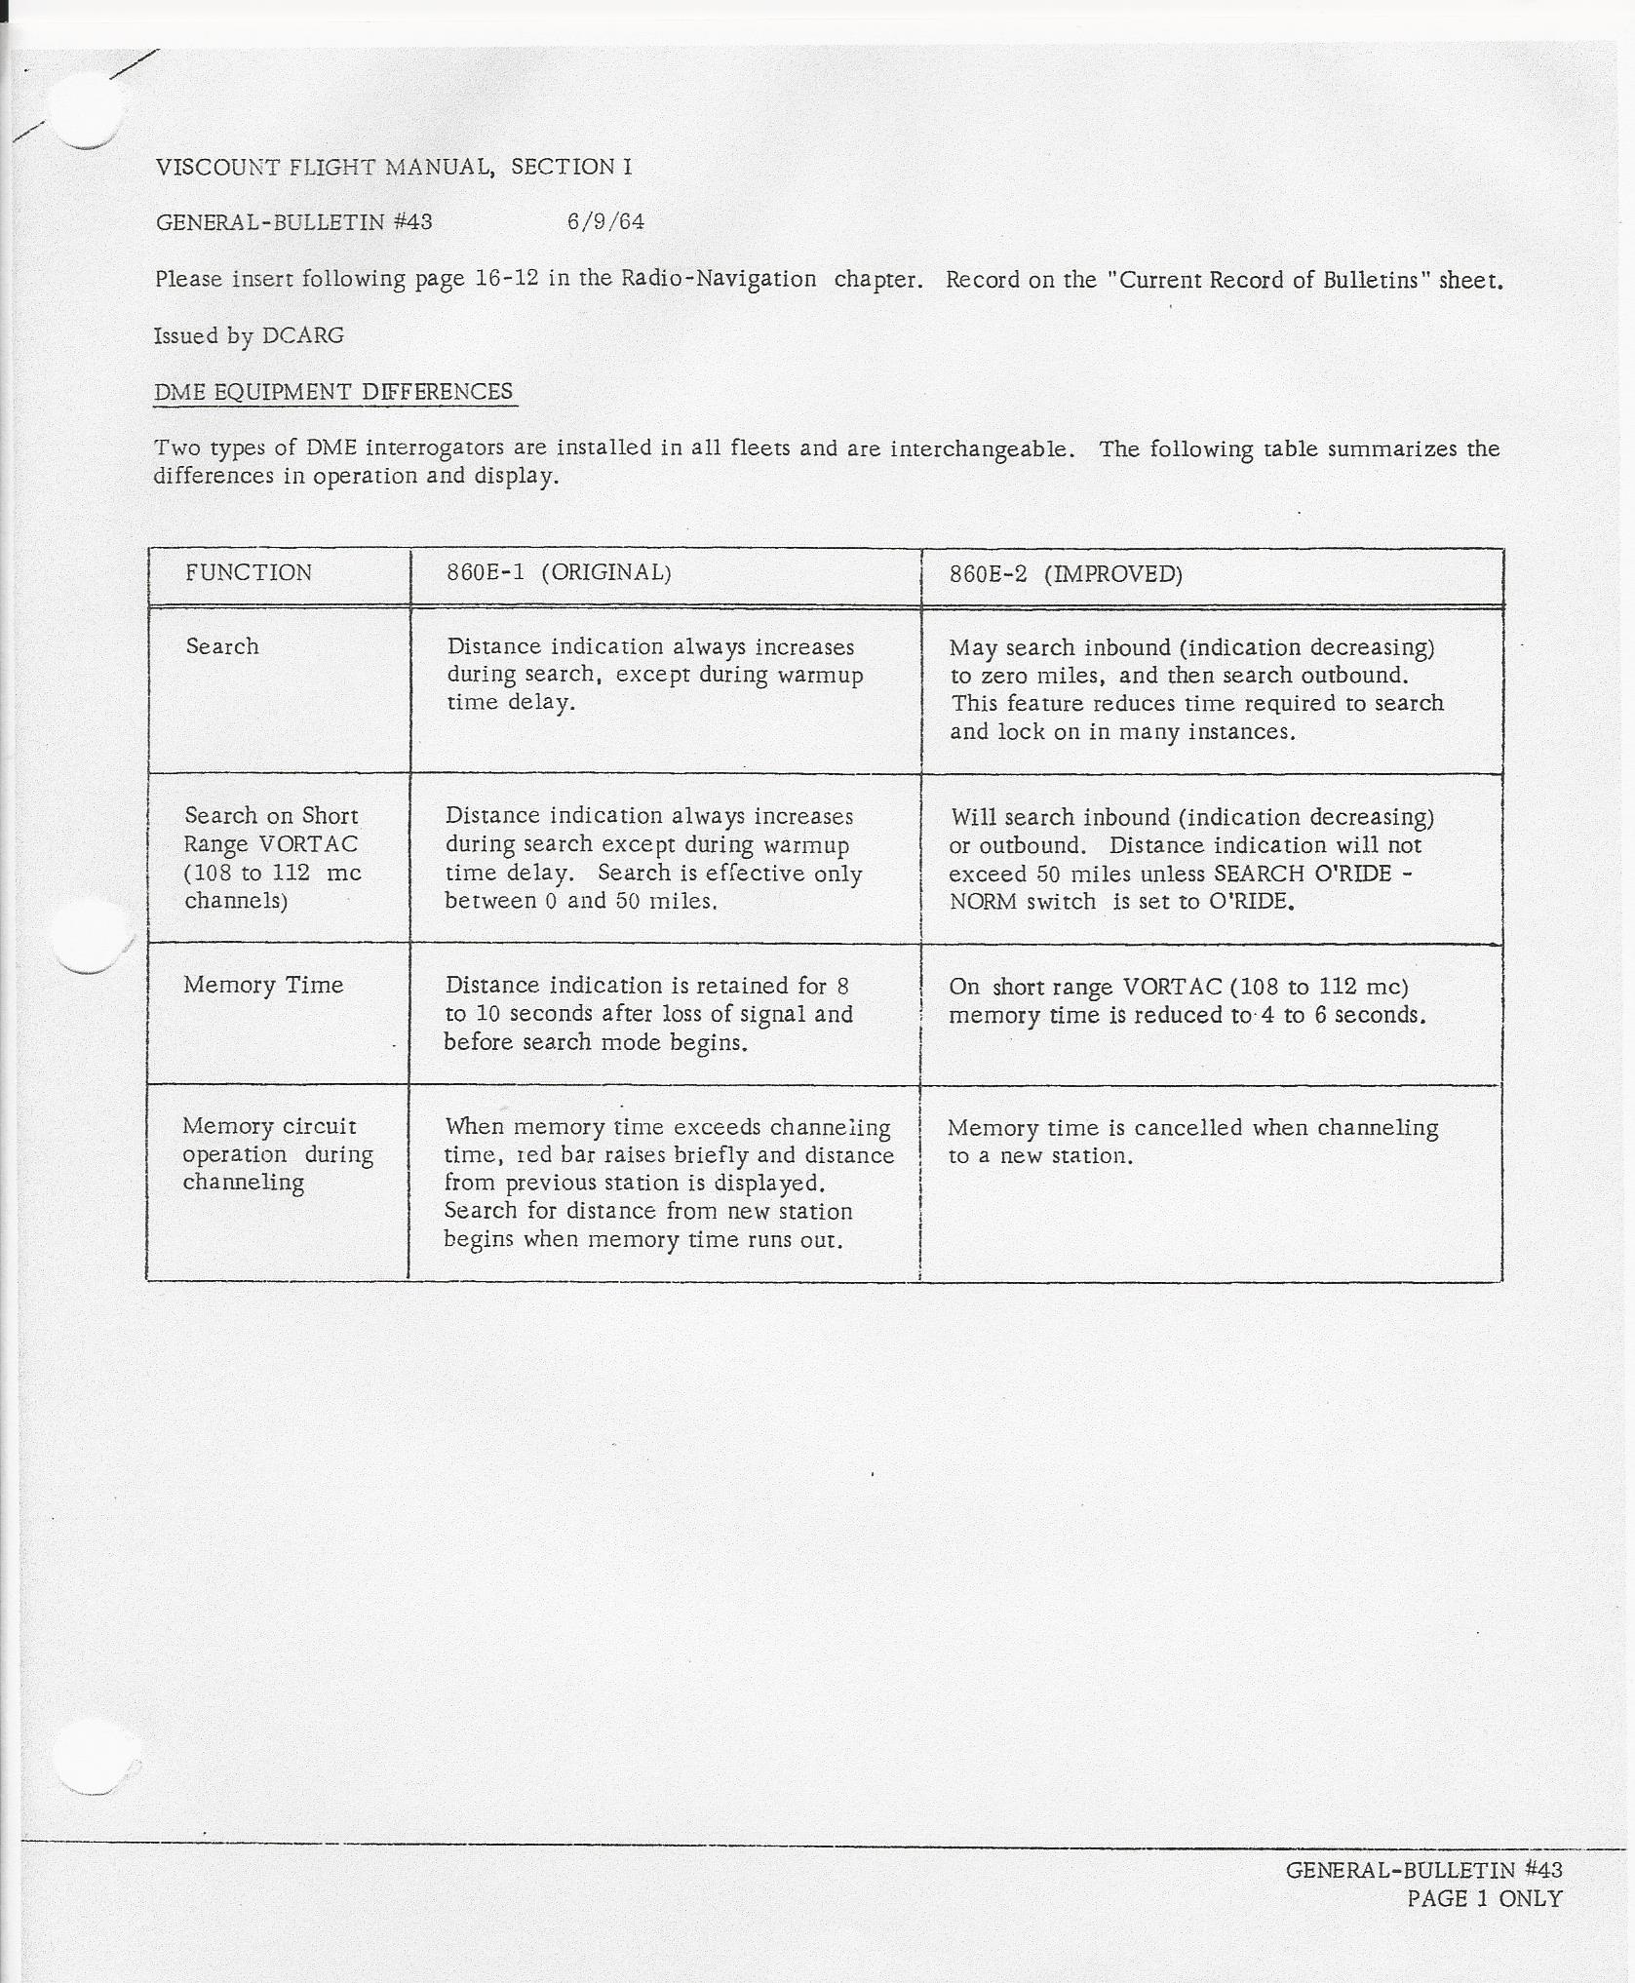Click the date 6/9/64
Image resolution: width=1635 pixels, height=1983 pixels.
[605, 222]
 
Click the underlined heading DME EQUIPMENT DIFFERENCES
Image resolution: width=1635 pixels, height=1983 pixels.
[333, 392]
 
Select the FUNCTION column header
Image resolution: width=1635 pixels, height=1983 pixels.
[249, 573]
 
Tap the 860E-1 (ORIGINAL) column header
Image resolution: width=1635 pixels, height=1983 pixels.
[559, 572]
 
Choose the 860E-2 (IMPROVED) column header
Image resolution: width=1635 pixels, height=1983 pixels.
[1066, 574]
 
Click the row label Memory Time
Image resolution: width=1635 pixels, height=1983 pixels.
[263, 986]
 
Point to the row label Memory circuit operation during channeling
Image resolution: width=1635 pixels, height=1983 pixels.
[277, 1154]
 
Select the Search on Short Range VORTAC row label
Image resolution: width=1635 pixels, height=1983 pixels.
[272, 858]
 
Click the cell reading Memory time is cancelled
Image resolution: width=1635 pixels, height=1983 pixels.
[1192, 1142]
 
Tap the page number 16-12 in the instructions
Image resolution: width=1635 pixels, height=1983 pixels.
[507, 279]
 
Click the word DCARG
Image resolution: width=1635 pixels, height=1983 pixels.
[303, 336]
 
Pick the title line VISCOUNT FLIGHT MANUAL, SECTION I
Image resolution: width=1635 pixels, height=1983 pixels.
[394, 168]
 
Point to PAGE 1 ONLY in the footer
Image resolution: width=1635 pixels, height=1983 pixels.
[1484, 1898]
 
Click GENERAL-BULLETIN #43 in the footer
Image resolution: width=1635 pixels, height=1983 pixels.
[1423, 1870]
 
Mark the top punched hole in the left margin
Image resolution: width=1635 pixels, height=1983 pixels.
[87, 111]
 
